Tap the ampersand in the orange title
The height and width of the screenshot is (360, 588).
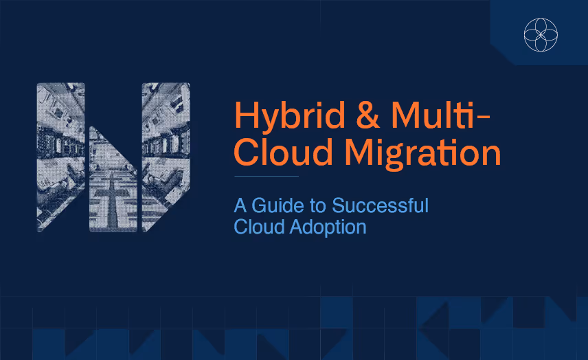368,115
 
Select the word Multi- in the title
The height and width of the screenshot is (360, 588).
440,115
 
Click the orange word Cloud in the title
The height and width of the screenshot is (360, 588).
283,152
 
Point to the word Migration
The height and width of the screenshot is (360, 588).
422,154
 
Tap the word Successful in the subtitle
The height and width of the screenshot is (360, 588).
380,205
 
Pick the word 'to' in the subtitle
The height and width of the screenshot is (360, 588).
317,206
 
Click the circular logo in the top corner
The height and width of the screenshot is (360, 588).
541,34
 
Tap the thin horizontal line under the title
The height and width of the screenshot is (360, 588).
267,176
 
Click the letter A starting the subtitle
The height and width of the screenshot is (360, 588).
240,205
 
